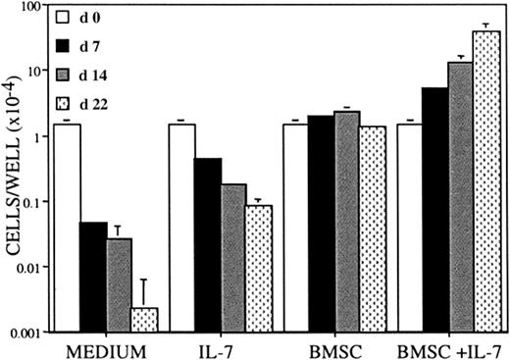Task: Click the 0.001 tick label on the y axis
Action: [24, 332]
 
